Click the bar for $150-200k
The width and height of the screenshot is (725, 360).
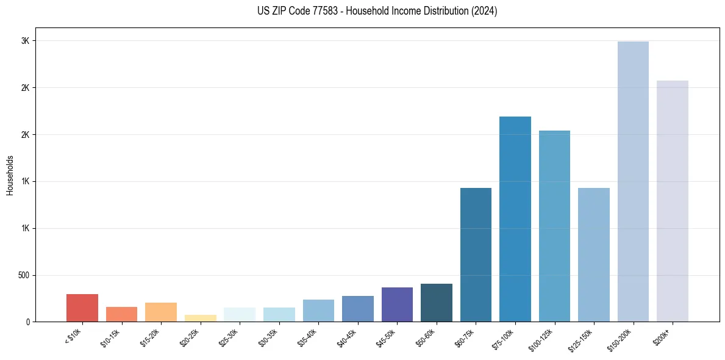[633, 181]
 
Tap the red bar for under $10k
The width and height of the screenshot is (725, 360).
[82, 308]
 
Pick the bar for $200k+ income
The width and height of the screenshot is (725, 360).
[672, 201]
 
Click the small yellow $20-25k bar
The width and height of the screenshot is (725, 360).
[200, 318]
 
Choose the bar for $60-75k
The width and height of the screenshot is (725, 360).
[476, 254]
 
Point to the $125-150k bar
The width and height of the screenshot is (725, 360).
[593, 254]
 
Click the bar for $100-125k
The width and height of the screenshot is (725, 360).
[554, 226]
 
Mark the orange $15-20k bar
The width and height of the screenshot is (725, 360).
[161, 312]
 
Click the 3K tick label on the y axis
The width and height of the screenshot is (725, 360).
[25, 41]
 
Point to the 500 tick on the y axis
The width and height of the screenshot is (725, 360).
[23, 275]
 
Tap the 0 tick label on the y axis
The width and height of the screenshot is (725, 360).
[27, 322]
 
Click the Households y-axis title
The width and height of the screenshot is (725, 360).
[10, 175]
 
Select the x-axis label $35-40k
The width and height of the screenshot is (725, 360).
[309, 337]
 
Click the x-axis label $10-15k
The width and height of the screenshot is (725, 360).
[112, 337]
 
